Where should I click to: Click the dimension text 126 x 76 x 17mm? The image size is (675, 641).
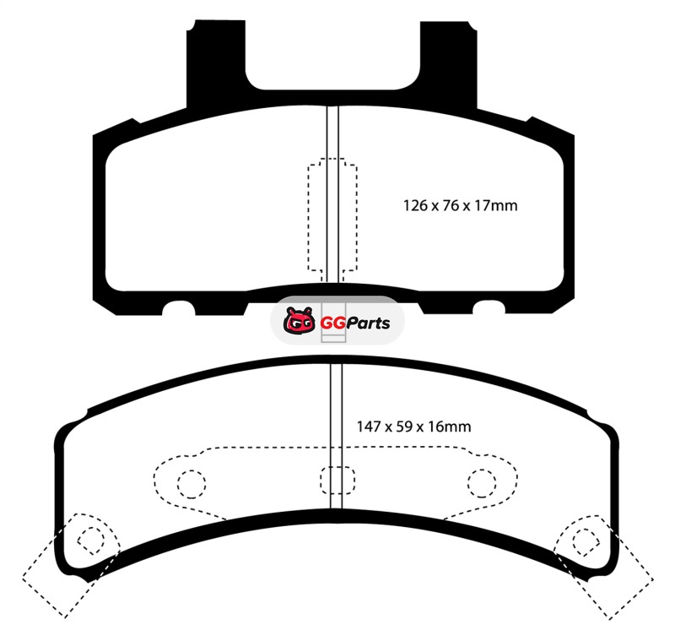(460, 205)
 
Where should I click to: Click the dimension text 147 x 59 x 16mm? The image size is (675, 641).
(413, 426)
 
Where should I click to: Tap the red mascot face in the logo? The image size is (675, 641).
(300, 321)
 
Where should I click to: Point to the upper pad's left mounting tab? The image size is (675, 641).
(215, 60)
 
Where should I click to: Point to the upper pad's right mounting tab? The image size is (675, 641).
(449, 60)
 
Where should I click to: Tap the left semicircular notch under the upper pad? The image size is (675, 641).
(179, 307)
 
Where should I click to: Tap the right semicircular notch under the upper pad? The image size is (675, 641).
(489, 307)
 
